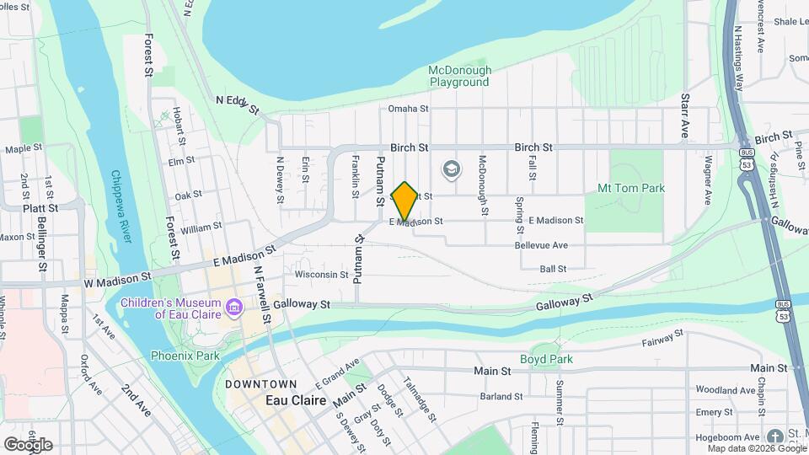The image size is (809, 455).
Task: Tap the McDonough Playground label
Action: (x=459, y=76)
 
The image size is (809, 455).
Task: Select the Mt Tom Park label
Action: (x=630, y=188)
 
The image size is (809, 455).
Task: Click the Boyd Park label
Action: (x=552, y=359)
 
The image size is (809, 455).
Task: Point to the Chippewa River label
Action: (x=122, y=206)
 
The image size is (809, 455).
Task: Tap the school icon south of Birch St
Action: (x=451, y=169)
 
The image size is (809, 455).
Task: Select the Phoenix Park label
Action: (x=185, y=356)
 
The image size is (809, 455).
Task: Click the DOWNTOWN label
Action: (x=260, y=384)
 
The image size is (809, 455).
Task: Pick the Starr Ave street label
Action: (x=685, y=116)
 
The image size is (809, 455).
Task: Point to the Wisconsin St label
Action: (x=322, y=274)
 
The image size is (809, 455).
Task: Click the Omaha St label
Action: (x=409, y=109)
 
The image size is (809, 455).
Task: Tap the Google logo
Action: (x=28, y=444)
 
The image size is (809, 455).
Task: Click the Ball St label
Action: (x=553, y=269)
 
